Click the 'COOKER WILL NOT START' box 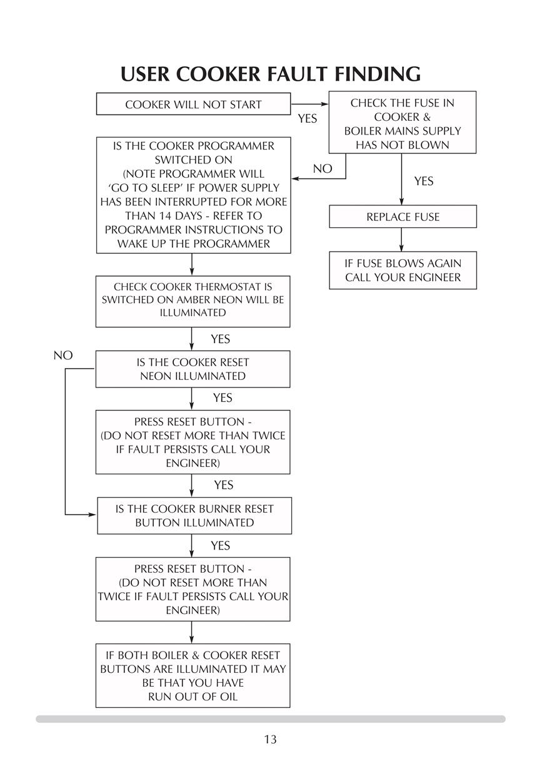coord(193,104)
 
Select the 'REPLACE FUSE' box coord(403,217)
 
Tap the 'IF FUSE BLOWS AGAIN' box coord(403,270)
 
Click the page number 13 coord(270,739)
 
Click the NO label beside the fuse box coord(323,168)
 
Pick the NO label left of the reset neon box coord(63,355)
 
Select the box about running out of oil coord(193,675)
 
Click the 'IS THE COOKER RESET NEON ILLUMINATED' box coord(193,369)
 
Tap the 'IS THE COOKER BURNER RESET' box coord(194,516)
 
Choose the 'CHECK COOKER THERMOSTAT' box coord(193,301)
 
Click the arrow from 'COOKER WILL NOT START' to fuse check coord(309,104)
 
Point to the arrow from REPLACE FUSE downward coord(401,240)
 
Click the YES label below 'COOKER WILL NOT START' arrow coord(308,119)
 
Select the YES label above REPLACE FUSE coord(424,181)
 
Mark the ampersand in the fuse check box coord(426,117)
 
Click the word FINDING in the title coord(378,74)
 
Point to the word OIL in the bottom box coord(228,697)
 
